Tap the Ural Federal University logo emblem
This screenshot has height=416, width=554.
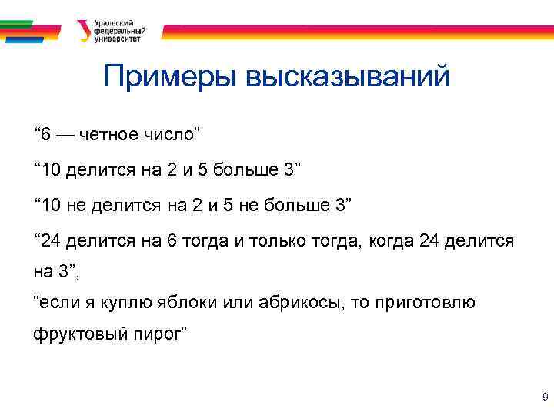click(x=83, y=31)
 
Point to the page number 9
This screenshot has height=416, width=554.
click(x=545, y=398)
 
